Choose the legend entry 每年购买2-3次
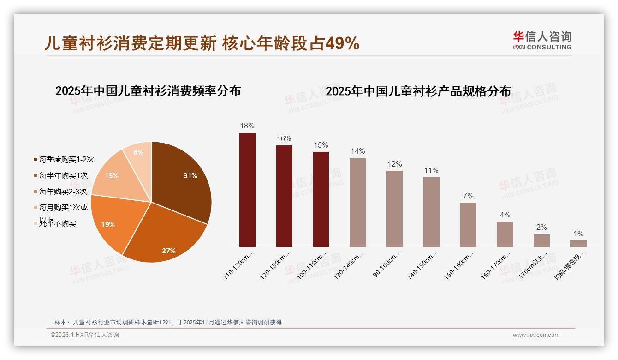(x=63, y=192)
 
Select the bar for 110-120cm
(x=247, y=190)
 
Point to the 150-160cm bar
(x=468, y=224)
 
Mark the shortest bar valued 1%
(x=578, y=243)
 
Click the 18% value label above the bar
(x=247, y=126)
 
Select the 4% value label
(x=505, y=215)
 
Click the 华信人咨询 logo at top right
(x=542, y=40)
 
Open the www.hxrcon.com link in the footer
(x=536, y=335)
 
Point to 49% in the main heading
(x=342, y=43)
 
